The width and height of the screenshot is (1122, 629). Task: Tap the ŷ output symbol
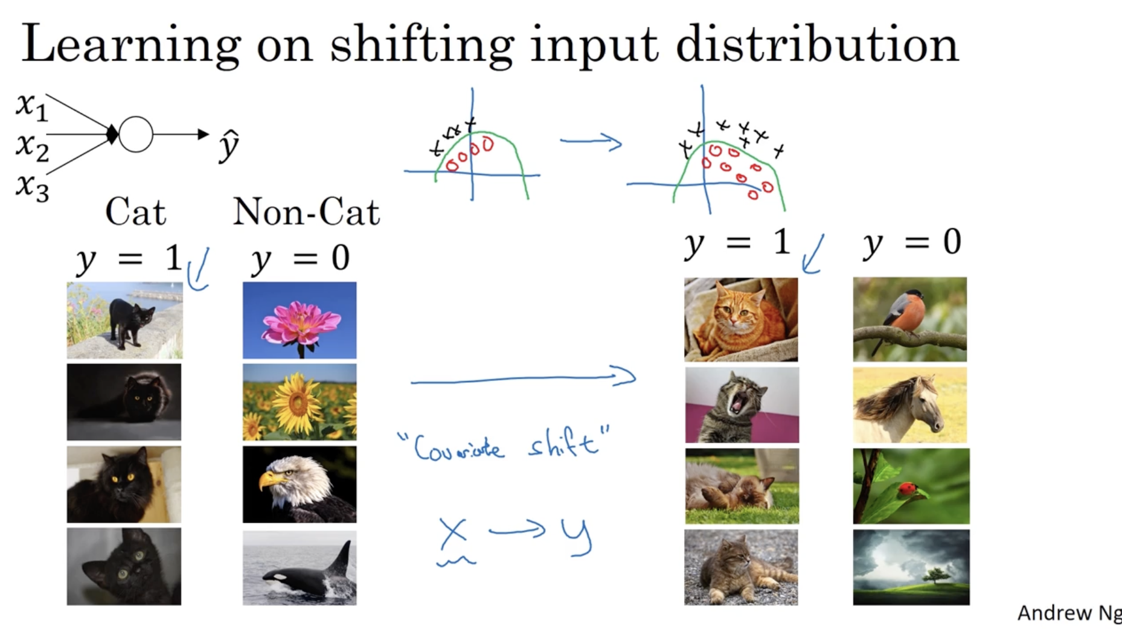[x=229, y=145]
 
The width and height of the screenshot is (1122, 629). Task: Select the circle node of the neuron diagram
[x=136, y=134]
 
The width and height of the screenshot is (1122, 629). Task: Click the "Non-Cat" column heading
[x=306, y=212]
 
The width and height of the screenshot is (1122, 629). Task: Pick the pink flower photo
[x=300, y=320]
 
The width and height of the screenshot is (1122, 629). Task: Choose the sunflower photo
[x=300, y=402]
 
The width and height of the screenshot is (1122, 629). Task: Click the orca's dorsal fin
[x=341, y=558]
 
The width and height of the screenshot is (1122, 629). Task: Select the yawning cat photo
[x=742, y=405]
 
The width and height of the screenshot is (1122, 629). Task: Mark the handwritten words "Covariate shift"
[x=504, y=445]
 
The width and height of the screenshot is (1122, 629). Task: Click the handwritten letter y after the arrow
[x=576, y=535]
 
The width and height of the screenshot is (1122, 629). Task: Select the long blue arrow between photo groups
[x=523, y=378]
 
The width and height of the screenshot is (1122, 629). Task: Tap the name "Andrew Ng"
[x=1069, y=613]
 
